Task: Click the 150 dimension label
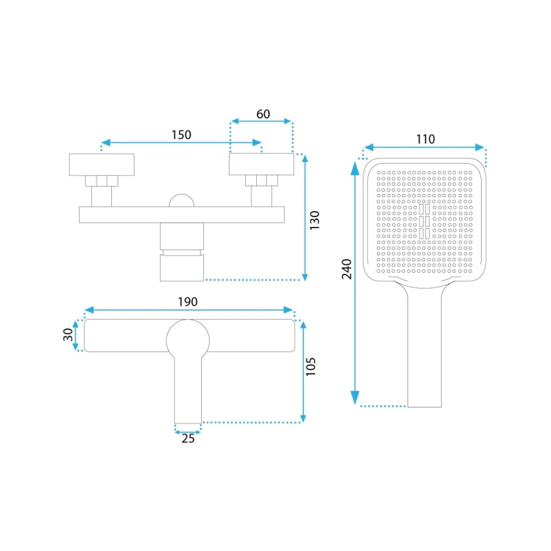click(181, 135)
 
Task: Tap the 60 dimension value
click(263, 114)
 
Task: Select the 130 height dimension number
click(315, 220)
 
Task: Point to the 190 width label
click(188, 302)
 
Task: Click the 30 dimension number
click(68, 334)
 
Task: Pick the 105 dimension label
click(311, 367)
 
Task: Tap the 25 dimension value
click(188, 439)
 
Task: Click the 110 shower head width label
click(425, 139)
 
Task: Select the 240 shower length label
click(347, 269)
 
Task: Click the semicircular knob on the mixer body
click(182, 201)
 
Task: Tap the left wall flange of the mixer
click(101, 164)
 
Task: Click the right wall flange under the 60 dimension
click(261, 164)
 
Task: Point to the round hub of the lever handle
click(188, 340)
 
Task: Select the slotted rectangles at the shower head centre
click(424, 222)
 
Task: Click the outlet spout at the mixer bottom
click(182, 268)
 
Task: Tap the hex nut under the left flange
click(101, 181)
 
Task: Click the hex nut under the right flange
click(261, 181)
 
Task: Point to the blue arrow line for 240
click(355, 283)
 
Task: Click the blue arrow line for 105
click(303, 372)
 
